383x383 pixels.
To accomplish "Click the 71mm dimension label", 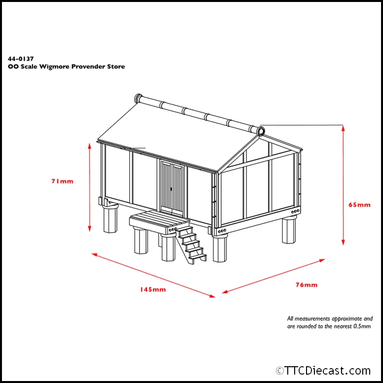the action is tap(62, 181).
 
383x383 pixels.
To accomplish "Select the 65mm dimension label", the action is tap(359, 205).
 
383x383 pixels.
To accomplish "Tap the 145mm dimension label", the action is tap(153, 289).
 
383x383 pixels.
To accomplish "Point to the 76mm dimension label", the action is tap(306, 285).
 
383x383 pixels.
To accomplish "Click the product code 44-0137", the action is tap(21, 59).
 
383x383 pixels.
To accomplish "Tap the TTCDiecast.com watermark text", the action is tap(323, 371).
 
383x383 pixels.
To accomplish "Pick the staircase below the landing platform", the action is tap(191, 245).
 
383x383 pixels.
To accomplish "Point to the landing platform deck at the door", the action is tap(159, 220).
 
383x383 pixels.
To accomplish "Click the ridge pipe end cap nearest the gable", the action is tap(261, 132).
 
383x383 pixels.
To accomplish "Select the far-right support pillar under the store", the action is tap(289, 229).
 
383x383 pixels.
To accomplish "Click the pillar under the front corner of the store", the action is tap(220, 248).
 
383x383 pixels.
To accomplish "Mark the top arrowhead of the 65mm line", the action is tap(343, 128).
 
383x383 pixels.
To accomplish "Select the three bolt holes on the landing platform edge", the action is tap(173, 230).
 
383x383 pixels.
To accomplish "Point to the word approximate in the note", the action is tap(347, 319).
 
